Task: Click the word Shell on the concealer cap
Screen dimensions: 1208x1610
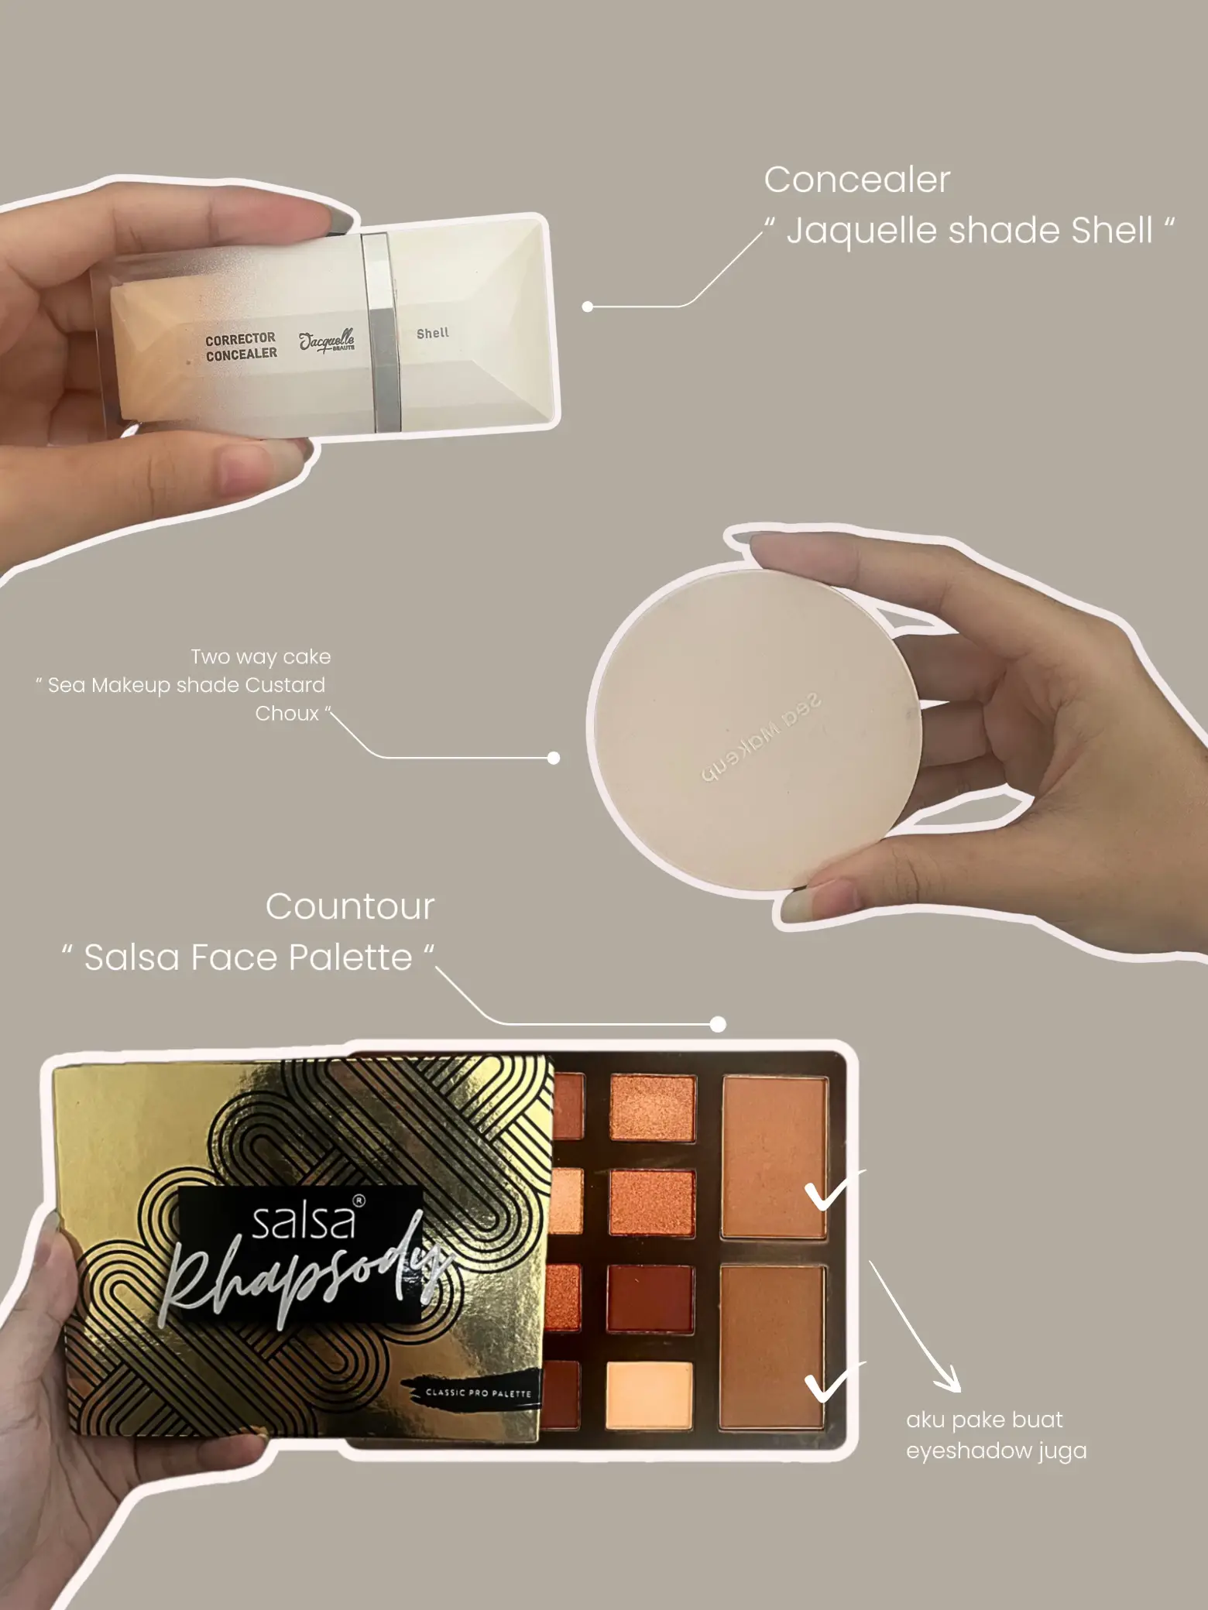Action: [433, 334]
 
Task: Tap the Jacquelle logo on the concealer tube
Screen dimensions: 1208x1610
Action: [327, 341]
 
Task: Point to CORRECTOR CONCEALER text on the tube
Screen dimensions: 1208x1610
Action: [241, 346]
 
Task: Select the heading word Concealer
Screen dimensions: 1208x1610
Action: [856, 180]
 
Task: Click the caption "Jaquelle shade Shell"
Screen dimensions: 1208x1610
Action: [969, 231]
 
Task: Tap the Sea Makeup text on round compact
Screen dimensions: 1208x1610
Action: [760, 738]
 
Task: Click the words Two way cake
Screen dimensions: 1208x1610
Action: [261, 657]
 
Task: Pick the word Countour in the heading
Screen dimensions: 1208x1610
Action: [350, 906]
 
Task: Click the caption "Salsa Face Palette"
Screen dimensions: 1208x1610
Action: [248, 957]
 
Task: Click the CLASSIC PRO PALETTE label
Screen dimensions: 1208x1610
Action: [479, 1392]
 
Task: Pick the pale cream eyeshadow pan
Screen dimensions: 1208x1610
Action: [649, 1395]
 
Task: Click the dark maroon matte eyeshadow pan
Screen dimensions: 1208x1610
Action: [649, 1298]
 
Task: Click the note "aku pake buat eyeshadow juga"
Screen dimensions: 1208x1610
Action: [997, 1435]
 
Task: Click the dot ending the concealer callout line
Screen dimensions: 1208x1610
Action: [588, 307]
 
